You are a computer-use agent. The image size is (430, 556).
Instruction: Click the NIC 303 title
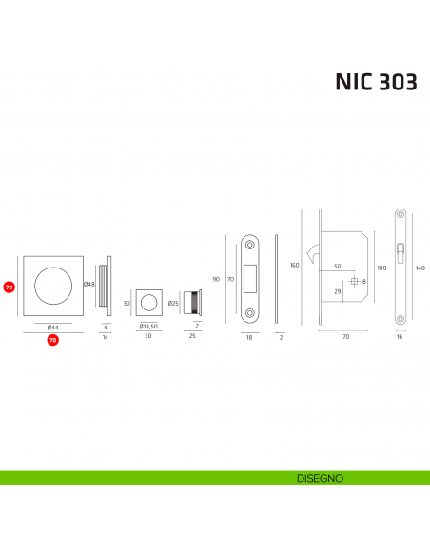pyautogui.click(x=375, y=82)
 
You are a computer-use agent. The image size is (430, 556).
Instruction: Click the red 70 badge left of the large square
pyautogui.click(x=9, y=286)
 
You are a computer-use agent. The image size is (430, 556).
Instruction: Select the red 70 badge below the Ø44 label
pyautogui.click(x=53, y=339)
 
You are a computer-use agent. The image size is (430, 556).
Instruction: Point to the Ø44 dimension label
pyautogui.click(x=53, y=327)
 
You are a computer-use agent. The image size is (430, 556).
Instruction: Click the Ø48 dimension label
pyautogui.click(x=88, y=285)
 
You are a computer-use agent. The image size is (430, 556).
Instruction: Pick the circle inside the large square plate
pyautogui.click(x=53, y=285)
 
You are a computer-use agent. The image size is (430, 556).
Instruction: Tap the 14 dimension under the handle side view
pyautogui.click(x=106, y=337)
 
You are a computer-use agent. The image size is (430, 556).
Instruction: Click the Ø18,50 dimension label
pyautogui.click(x=147, y=327)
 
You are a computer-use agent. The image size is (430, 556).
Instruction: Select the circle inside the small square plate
pyautogui.click(x=148, y=304)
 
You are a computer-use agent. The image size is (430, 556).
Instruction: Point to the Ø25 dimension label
pyautogui.click(x=174, y=304)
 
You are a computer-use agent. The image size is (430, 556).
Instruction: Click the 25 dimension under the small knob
pyautogui.click(x=192, y=337)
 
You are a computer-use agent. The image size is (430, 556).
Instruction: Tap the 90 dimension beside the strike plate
pyautogui.click(x=216, y=279)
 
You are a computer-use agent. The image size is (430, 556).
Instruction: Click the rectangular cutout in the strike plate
pyautogui.click(x=250, y=277)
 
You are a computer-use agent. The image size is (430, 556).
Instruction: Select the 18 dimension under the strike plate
pyautogui.click(x=250, y=337)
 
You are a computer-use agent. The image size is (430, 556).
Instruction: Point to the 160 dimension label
pyautogui.click(x=295, y=265)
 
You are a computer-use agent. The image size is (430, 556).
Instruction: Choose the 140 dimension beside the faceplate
pyautogui.click(x=420, y=268)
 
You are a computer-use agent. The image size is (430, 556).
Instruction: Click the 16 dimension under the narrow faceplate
pyautogui.click(x=401, y=337)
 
